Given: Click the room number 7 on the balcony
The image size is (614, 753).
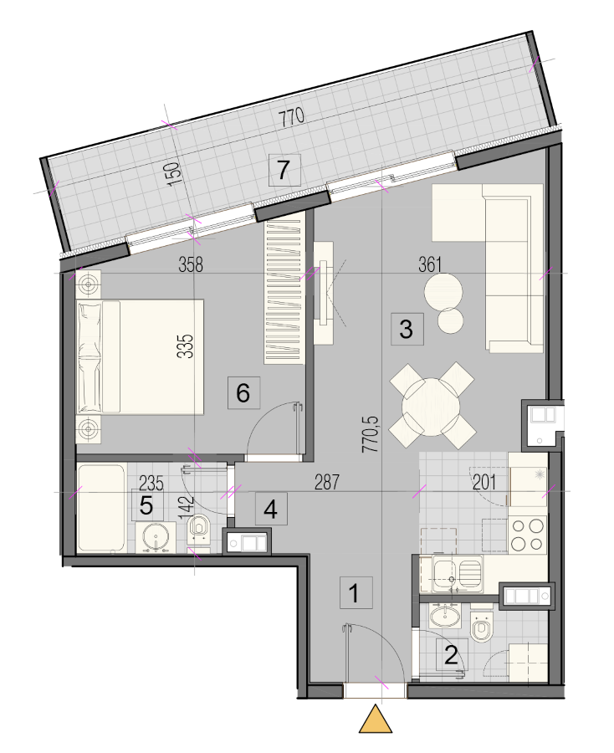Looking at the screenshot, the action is coord(284,170).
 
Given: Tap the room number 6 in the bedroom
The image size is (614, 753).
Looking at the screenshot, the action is coord(244,393).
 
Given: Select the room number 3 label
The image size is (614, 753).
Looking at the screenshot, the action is coord(407,329).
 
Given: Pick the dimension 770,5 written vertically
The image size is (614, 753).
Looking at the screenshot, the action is coord(371,434).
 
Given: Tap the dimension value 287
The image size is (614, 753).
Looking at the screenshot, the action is coord(327,482).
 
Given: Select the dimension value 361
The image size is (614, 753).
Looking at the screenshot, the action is coord(430,264).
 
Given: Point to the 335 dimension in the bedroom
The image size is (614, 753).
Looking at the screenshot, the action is coord(186,346).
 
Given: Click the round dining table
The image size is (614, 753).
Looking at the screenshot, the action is coord(431,407).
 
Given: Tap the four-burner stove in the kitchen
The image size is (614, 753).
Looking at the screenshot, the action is coord(528,535).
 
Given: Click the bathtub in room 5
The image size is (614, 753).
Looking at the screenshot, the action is coord(101,508).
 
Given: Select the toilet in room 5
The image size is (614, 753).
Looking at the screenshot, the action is coord(198,530).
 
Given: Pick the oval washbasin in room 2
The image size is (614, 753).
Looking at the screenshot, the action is coord(444,616).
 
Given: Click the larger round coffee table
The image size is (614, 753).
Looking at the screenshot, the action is coord(443,291).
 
